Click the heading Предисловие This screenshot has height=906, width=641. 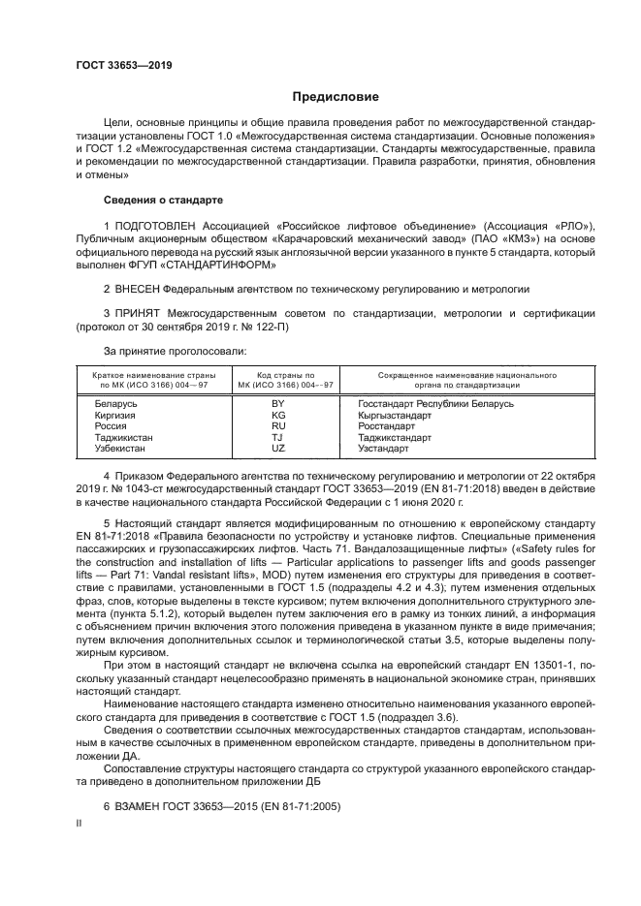pos(336,97)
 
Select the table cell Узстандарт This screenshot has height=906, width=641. pos(386,449)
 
